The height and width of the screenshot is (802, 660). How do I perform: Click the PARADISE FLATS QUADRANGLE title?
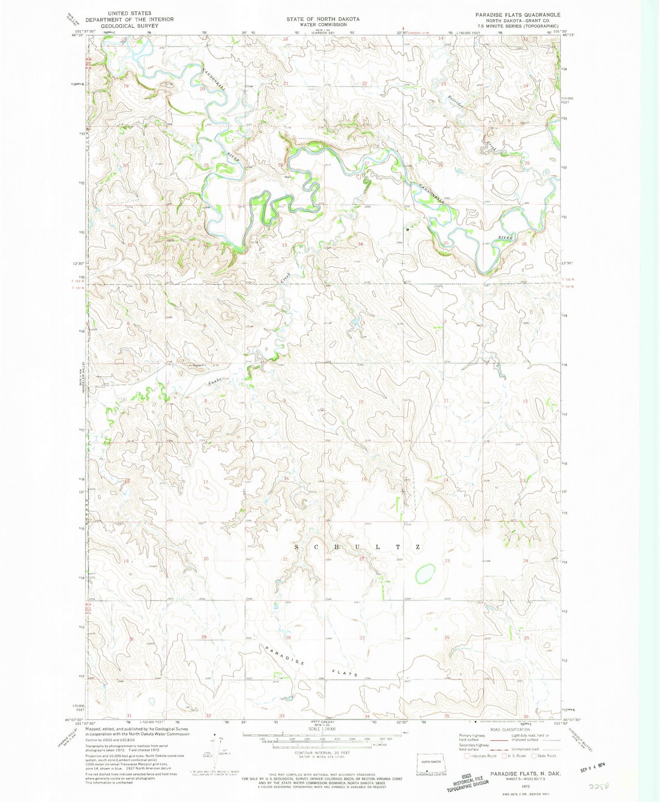(x=517, y=15)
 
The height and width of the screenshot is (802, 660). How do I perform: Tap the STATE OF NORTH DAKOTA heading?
(x=323, y=19)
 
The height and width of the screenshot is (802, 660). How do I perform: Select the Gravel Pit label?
(x=198, y=366)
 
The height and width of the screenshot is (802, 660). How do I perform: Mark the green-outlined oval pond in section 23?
(x=425, y=573)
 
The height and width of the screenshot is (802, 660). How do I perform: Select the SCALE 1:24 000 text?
(x=322, y=729)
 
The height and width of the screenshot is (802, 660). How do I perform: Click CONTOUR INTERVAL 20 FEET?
(x=322, y=753)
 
